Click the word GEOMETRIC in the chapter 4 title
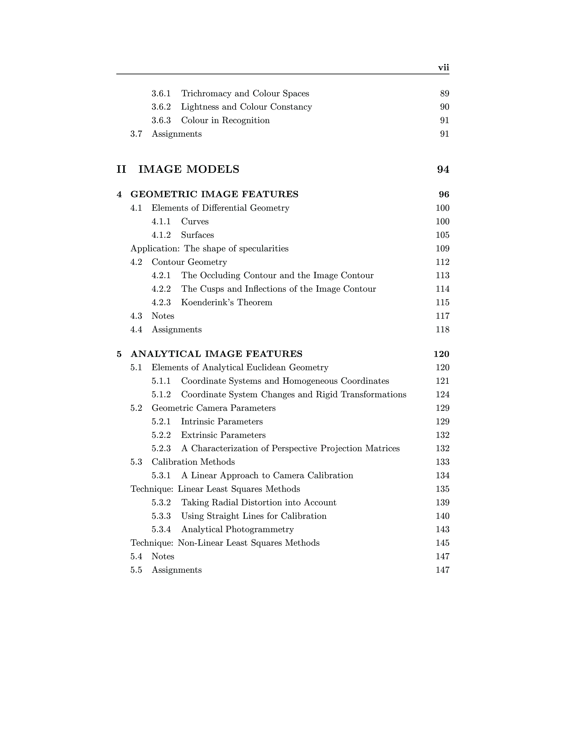click(x=164, y=194)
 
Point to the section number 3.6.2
click(x=161, y=107)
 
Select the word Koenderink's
click(x=208, y=303)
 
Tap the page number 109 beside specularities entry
click(x=442, y=249)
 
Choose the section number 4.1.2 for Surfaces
click(x=161, y=235)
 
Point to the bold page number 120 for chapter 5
click(x=441, y=354)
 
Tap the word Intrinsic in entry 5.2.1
click(x=197, y=422)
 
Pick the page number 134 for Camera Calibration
click(x=442, y=476)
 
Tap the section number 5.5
click(x=136, y=570)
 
